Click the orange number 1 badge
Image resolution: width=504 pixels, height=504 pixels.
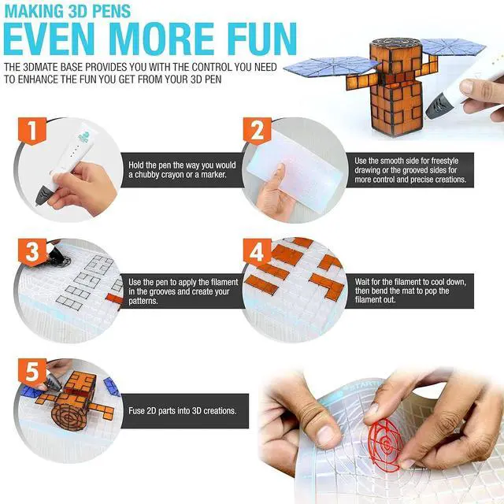coord(32,131)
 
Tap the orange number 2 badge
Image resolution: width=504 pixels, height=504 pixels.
coord(258,131)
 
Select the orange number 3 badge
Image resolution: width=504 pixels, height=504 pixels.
coord(32,252)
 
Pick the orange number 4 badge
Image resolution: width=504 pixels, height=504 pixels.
coord(258,252)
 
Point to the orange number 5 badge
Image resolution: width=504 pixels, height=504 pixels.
coord(32,372)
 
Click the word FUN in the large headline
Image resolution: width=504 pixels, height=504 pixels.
coord(257,39)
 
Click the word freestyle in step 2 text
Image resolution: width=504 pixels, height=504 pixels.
coord(445,161)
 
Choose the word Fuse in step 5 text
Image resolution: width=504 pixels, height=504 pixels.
coord(136,411)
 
